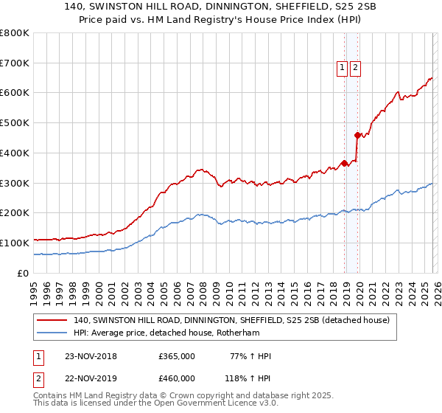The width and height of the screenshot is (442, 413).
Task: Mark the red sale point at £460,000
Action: tap(357, 135)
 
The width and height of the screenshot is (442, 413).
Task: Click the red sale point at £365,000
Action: tap(344, 163)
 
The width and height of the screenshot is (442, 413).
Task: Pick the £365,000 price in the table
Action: tap(177, 356)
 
